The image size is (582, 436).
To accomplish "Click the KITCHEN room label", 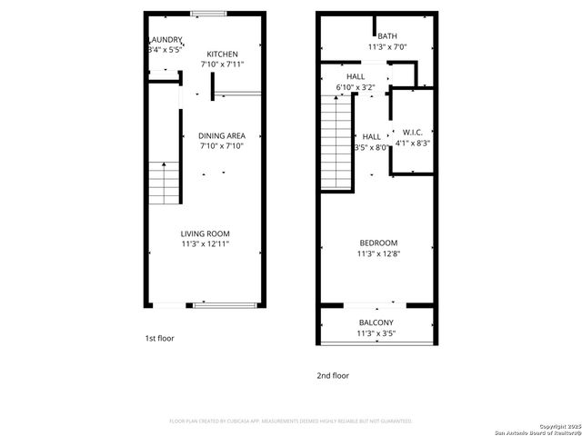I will coord(222,54).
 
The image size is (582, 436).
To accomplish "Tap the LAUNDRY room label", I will coord(166,40).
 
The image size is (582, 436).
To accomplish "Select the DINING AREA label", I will coord(222,134).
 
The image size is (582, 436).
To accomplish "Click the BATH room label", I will coord(375,36).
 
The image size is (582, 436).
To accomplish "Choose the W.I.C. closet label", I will coord(413,132).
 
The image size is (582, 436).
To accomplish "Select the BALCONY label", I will coord(376,323).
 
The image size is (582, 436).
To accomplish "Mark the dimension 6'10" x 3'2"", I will coord(356,87).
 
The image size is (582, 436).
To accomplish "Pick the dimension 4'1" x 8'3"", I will coord(413,143).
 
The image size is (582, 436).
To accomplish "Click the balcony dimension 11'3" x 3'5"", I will coord(376,334).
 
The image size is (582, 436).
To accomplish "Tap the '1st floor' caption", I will coord(159,338).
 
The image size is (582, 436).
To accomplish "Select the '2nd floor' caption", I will coord(333,375).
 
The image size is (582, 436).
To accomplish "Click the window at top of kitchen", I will coord(208,14).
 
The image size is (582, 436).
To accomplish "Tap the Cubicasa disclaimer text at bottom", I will coord(291,421).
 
